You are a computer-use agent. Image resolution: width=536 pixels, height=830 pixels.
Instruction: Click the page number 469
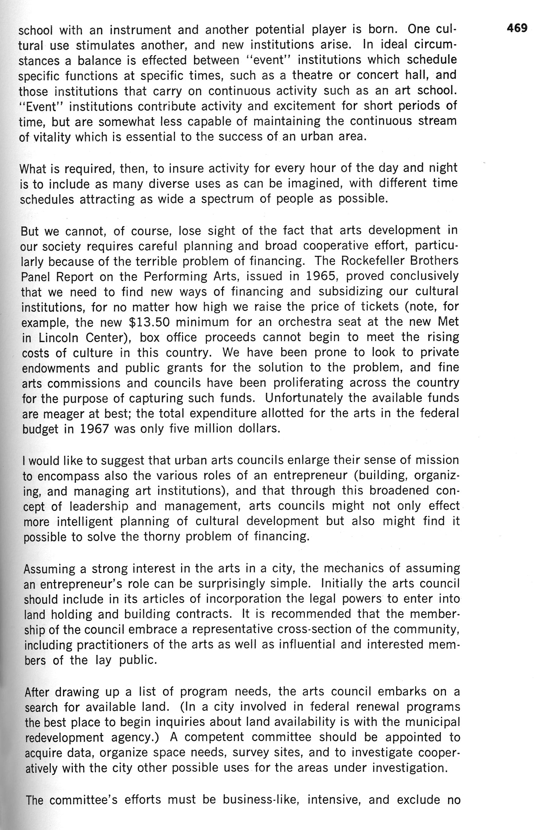(517, 28)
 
